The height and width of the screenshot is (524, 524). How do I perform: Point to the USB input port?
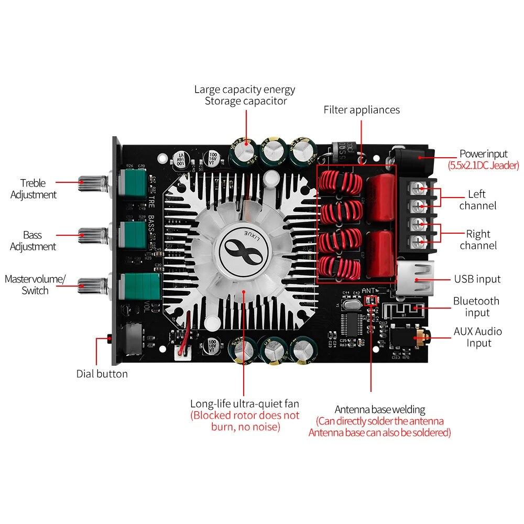point(413,278)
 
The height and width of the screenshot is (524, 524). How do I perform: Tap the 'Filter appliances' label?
point(361,110)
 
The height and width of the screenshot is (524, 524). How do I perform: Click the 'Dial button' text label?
point(102,374)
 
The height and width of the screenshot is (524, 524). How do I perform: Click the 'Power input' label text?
point(483,154)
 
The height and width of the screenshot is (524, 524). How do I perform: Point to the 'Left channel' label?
point(477,200)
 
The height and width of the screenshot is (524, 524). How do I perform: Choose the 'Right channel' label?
point(477,239)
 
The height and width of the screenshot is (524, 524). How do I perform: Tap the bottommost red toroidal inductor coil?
point(339,267)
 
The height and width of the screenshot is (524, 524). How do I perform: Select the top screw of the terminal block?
point(417,187)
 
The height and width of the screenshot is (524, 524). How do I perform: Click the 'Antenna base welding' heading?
point(380,409)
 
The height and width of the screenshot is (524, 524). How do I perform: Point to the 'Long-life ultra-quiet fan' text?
point(245,403)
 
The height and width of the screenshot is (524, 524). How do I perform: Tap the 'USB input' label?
point(477,279)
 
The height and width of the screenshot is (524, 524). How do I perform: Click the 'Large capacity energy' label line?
point(245,89)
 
